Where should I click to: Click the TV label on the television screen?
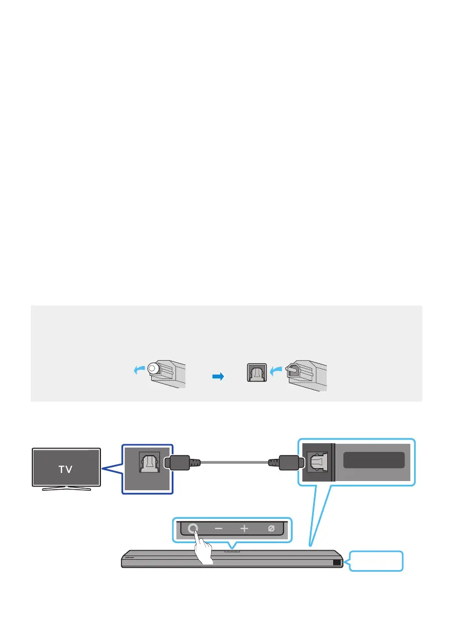(x=66, y=468)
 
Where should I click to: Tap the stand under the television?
(x=66, y=489)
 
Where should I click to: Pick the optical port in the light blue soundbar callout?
(x=316, y=462)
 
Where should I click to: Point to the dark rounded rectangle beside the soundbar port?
(x=374, y=460)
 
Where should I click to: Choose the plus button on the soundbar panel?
(x=244, y=529)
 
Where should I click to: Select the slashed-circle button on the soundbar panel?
(x=271, y=529)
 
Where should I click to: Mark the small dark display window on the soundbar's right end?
(x=337, y=563)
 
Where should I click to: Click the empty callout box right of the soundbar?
(x=376, y=561)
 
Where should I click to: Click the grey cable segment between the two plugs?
(x=234, y=463)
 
